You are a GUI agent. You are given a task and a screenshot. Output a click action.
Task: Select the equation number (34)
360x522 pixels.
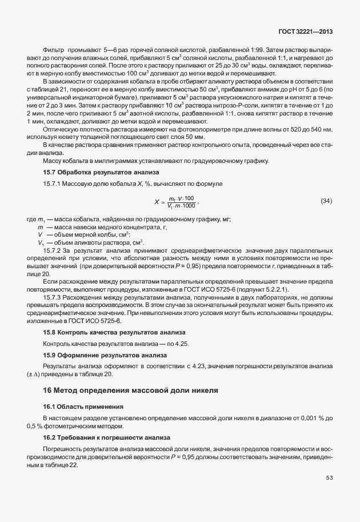pyautogui.click(x=326, y=201)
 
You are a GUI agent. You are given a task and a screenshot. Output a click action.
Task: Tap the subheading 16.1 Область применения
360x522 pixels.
pyautogui.click(x=83, y=406)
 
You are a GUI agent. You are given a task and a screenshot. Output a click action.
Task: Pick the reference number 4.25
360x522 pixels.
pyautogui.click(x=181, y=343)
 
